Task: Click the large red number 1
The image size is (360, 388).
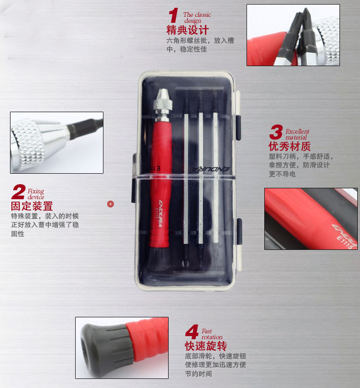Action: (x=174, y=15)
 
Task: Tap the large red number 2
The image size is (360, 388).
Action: (x=18, y=192)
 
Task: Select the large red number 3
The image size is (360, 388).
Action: (x=276, y=132)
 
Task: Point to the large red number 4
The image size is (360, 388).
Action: (x=192, y=332)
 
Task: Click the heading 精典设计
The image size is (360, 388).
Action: (x=187, y=30)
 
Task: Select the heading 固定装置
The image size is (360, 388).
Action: (x=32, y=206)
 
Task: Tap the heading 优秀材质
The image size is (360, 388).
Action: (x=289, y=146)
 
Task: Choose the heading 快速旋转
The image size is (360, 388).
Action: (x=206, y=346)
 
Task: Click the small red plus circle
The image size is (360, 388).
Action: (x=111, y=204)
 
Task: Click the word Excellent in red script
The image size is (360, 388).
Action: (x=298, y=131)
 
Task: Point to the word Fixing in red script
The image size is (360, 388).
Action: (x=36, y=191)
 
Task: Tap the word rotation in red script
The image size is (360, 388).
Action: (x=212, y=337)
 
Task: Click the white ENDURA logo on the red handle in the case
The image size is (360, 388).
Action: (x=160, y=213)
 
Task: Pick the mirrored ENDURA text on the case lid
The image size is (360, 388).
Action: (x=211, y=169)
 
